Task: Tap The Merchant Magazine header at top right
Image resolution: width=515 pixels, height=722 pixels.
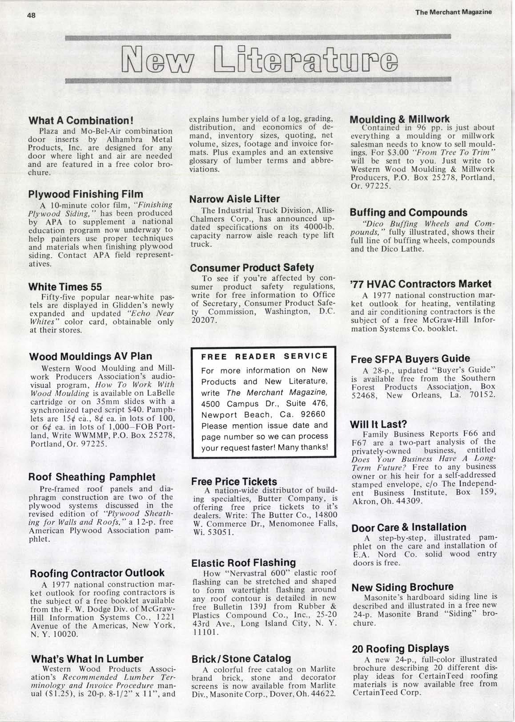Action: [x=454, y=12]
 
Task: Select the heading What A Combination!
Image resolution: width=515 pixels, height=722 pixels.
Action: [x=81, y=121]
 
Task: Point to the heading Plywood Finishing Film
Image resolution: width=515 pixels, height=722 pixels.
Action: [x=85, y=194]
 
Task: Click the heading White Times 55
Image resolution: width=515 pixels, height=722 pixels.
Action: [x=65, y=287]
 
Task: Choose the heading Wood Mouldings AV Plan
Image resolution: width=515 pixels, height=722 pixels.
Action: [x=90, y=357]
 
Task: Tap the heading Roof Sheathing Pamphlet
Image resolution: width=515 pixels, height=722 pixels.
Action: [x=92, y=477]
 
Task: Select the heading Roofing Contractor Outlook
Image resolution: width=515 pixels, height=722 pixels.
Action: [x=97, y=573]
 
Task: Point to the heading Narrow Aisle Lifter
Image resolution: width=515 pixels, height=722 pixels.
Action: [x=234, y=199]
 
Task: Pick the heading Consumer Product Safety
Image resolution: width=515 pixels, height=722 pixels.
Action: [x=252, y=268]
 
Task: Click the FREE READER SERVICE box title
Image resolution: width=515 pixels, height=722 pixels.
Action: [x=265, y=357]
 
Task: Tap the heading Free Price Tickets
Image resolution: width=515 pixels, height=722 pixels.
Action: [x=234, y=482]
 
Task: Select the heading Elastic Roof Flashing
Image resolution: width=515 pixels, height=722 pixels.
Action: [x=243, y=563]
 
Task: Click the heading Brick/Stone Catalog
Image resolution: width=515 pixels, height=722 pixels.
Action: [x=241, y=658]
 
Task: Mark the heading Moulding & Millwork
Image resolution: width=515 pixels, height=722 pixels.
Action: [x=400, y=119]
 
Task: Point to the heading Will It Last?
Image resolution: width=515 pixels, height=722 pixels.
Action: [x=378, y=424]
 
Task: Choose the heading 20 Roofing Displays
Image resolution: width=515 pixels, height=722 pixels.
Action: [x=400, y=649]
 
